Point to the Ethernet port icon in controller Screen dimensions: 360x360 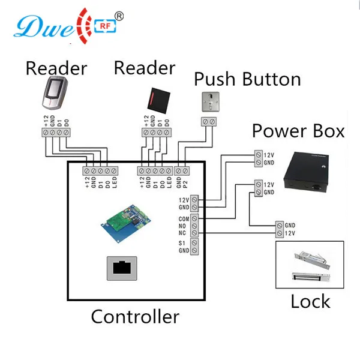click(124, 267)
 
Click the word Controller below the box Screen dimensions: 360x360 click(135, 316)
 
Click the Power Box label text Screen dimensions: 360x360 click(298, 130)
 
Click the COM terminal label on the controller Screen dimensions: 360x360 click(184, 219)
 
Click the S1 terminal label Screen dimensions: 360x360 click(185, 242)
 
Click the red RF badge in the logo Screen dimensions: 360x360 click(103, 26)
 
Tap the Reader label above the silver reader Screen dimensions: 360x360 click(55, 68)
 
